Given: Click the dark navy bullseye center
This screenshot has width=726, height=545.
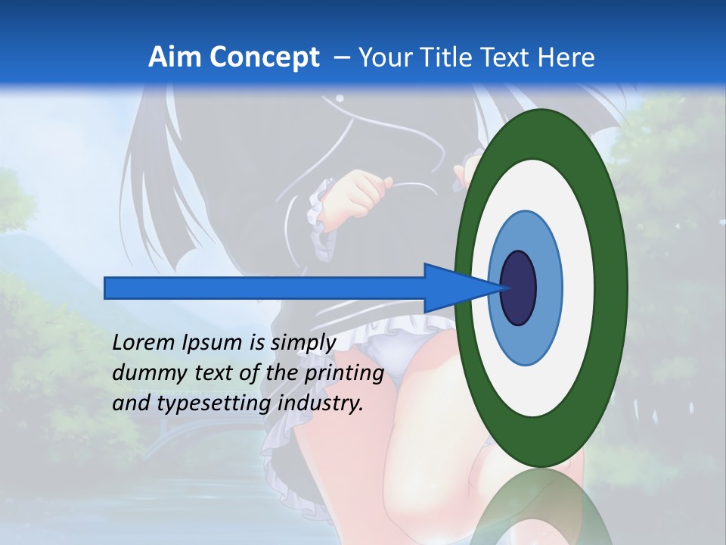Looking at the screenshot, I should (x=518, y=288).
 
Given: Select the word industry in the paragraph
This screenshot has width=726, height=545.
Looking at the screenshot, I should (x=321, y=403).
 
